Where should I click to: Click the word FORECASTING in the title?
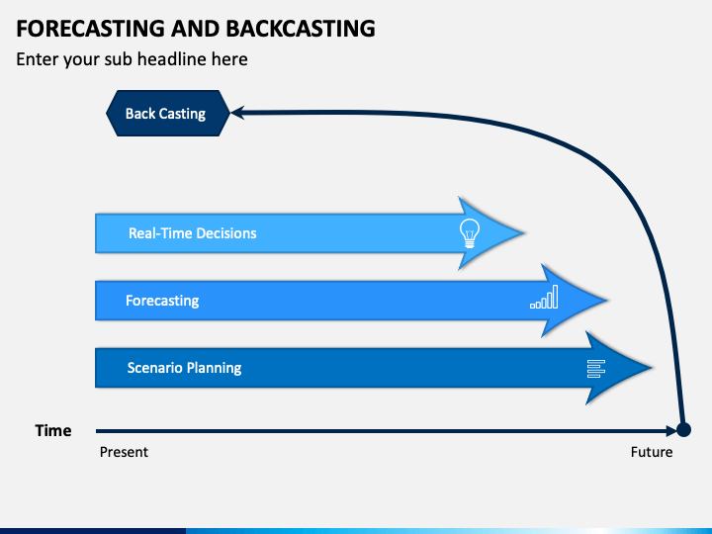click(x=90, y=28)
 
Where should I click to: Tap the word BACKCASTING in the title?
click(x=301, y=28)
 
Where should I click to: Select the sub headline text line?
click(x=132, y=59)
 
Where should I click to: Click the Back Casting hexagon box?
click(x=168, y=113)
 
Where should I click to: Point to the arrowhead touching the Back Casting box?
click(x=237, y=113)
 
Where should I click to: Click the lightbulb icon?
click(x=469, y=233)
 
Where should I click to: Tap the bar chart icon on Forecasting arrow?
click(x=544, y=297)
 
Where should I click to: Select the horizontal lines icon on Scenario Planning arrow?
click(x=596, y=369)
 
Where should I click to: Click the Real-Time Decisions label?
click(x=193, y=233)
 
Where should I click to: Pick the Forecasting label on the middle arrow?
click(x=162, y=301)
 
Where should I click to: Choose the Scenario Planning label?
click(x=184, y=368)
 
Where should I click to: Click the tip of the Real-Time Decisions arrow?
click(x=524, y=233)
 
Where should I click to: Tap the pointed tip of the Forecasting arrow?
click(x=606, y=301)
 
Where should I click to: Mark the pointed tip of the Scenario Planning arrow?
click(x=652, y=367)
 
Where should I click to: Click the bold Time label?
click(x=53, y=430)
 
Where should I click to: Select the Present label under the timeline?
click(x=124, y=452)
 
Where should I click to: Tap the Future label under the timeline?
click(x=652, y=452)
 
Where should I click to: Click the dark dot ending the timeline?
click(x=683, y=429)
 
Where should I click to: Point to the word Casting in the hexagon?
click(x=183, y=114)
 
